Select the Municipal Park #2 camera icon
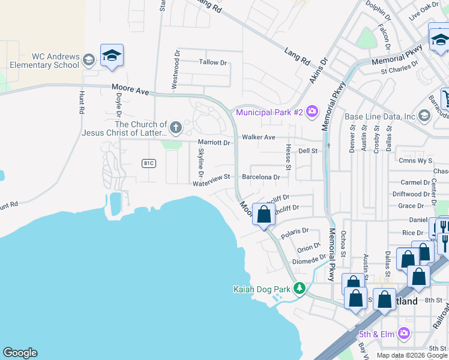coord(312,111)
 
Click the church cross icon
coord(175,127)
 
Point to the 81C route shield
coord(149,163)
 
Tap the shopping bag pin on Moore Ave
coord(264,215)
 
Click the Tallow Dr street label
coord(213,62)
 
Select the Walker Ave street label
coord(258,137)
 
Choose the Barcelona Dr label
coord(261,177)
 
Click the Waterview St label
coord(211,177)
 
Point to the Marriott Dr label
coord(214,143)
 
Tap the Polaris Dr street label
coord(294,230)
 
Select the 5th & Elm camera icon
coord(404,332)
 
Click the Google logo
coord(20,353)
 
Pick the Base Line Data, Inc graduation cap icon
coord(424,116)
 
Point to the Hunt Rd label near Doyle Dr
coord(80,103)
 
